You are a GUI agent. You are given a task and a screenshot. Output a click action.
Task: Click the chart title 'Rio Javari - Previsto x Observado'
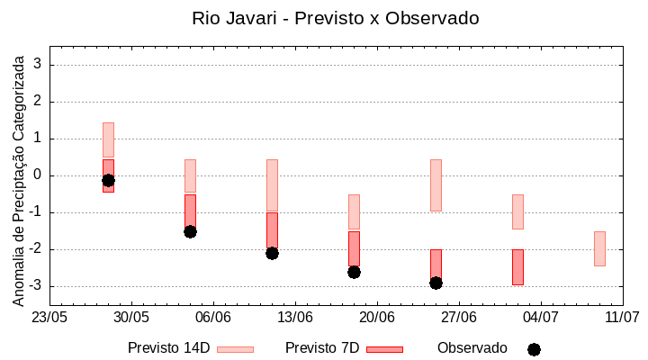336,18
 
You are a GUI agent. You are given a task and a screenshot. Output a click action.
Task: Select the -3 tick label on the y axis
36,286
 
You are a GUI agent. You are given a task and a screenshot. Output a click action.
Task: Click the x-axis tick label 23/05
49,318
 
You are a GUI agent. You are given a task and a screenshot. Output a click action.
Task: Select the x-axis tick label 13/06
295,318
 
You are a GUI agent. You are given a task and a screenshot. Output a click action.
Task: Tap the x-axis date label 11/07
622,318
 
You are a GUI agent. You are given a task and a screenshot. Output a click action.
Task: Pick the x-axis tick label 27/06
459,318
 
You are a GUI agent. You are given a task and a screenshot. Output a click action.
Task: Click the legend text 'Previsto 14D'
168,348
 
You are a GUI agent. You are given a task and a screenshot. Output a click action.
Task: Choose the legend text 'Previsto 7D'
322,348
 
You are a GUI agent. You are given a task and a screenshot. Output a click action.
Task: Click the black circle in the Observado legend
534,349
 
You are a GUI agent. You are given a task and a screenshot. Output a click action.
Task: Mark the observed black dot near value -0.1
108,180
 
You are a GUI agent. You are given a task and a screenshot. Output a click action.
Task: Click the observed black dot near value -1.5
190,231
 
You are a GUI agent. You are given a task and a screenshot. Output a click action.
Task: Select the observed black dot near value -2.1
272,253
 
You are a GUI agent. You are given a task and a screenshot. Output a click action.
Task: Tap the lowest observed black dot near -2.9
436,283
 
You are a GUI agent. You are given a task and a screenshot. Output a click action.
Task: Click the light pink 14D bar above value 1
108,139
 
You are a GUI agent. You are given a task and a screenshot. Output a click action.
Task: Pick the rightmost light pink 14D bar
599,248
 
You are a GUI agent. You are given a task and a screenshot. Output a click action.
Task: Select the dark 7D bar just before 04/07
517,267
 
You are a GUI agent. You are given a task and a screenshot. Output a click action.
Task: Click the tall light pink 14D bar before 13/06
272,185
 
